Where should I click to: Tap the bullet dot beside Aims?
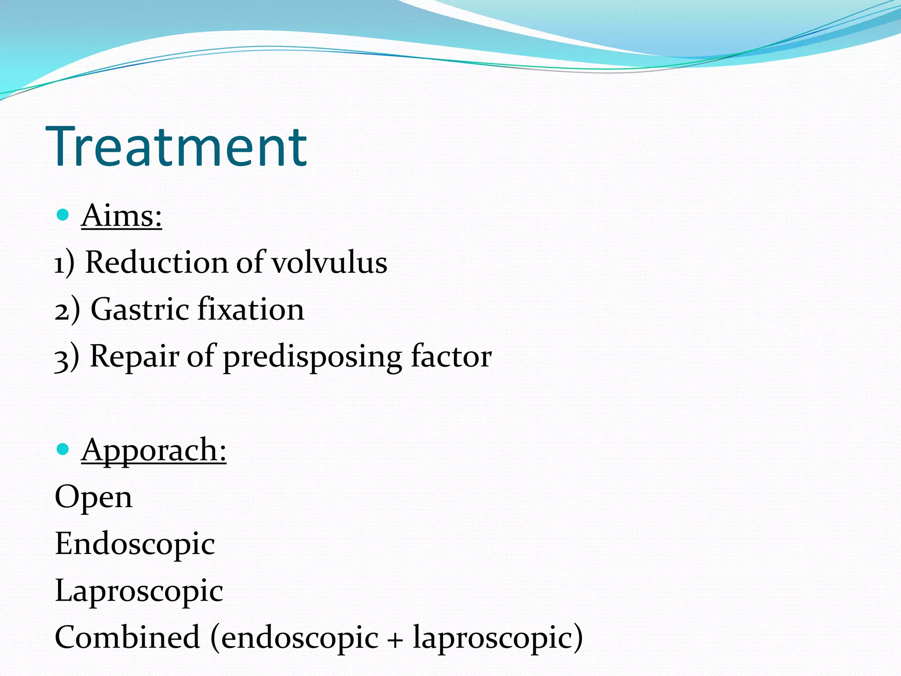click(63, 215)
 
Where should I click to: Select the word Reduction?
click(156, 263)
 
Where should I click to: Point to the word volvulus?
click(330, 263)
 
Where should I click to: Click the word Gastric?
click(139, 309)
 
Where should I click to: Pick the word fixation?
click(251, 309)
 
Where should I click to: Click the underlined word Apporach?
click(154, 450)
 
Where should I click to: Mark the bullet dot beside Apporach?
click(63, 449)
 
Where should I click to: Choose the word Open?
click(93, 498)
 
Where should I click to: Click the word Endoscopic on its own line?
click(135, 544)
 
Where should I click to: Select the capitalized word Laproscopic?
click(139, 591)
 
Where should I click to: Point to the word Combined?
click(128, 637)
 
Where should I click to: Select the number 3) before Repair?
click(67, 356)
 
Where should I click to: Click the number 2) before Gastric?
click(67, 310)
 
